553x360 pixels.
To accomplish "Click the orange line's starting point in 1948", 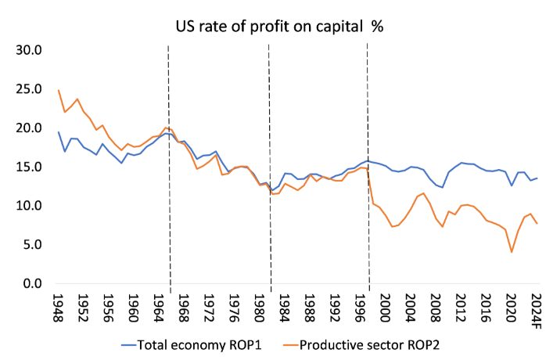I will [x=59, y=90].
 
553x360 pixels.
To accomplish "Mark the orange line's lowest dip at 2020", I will [x=512, y=252].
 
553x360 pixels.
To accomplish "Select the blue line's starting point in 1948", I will [x=59, y=132].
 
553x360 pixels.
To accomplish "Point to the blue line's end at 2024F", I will [x=537, y=178].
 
